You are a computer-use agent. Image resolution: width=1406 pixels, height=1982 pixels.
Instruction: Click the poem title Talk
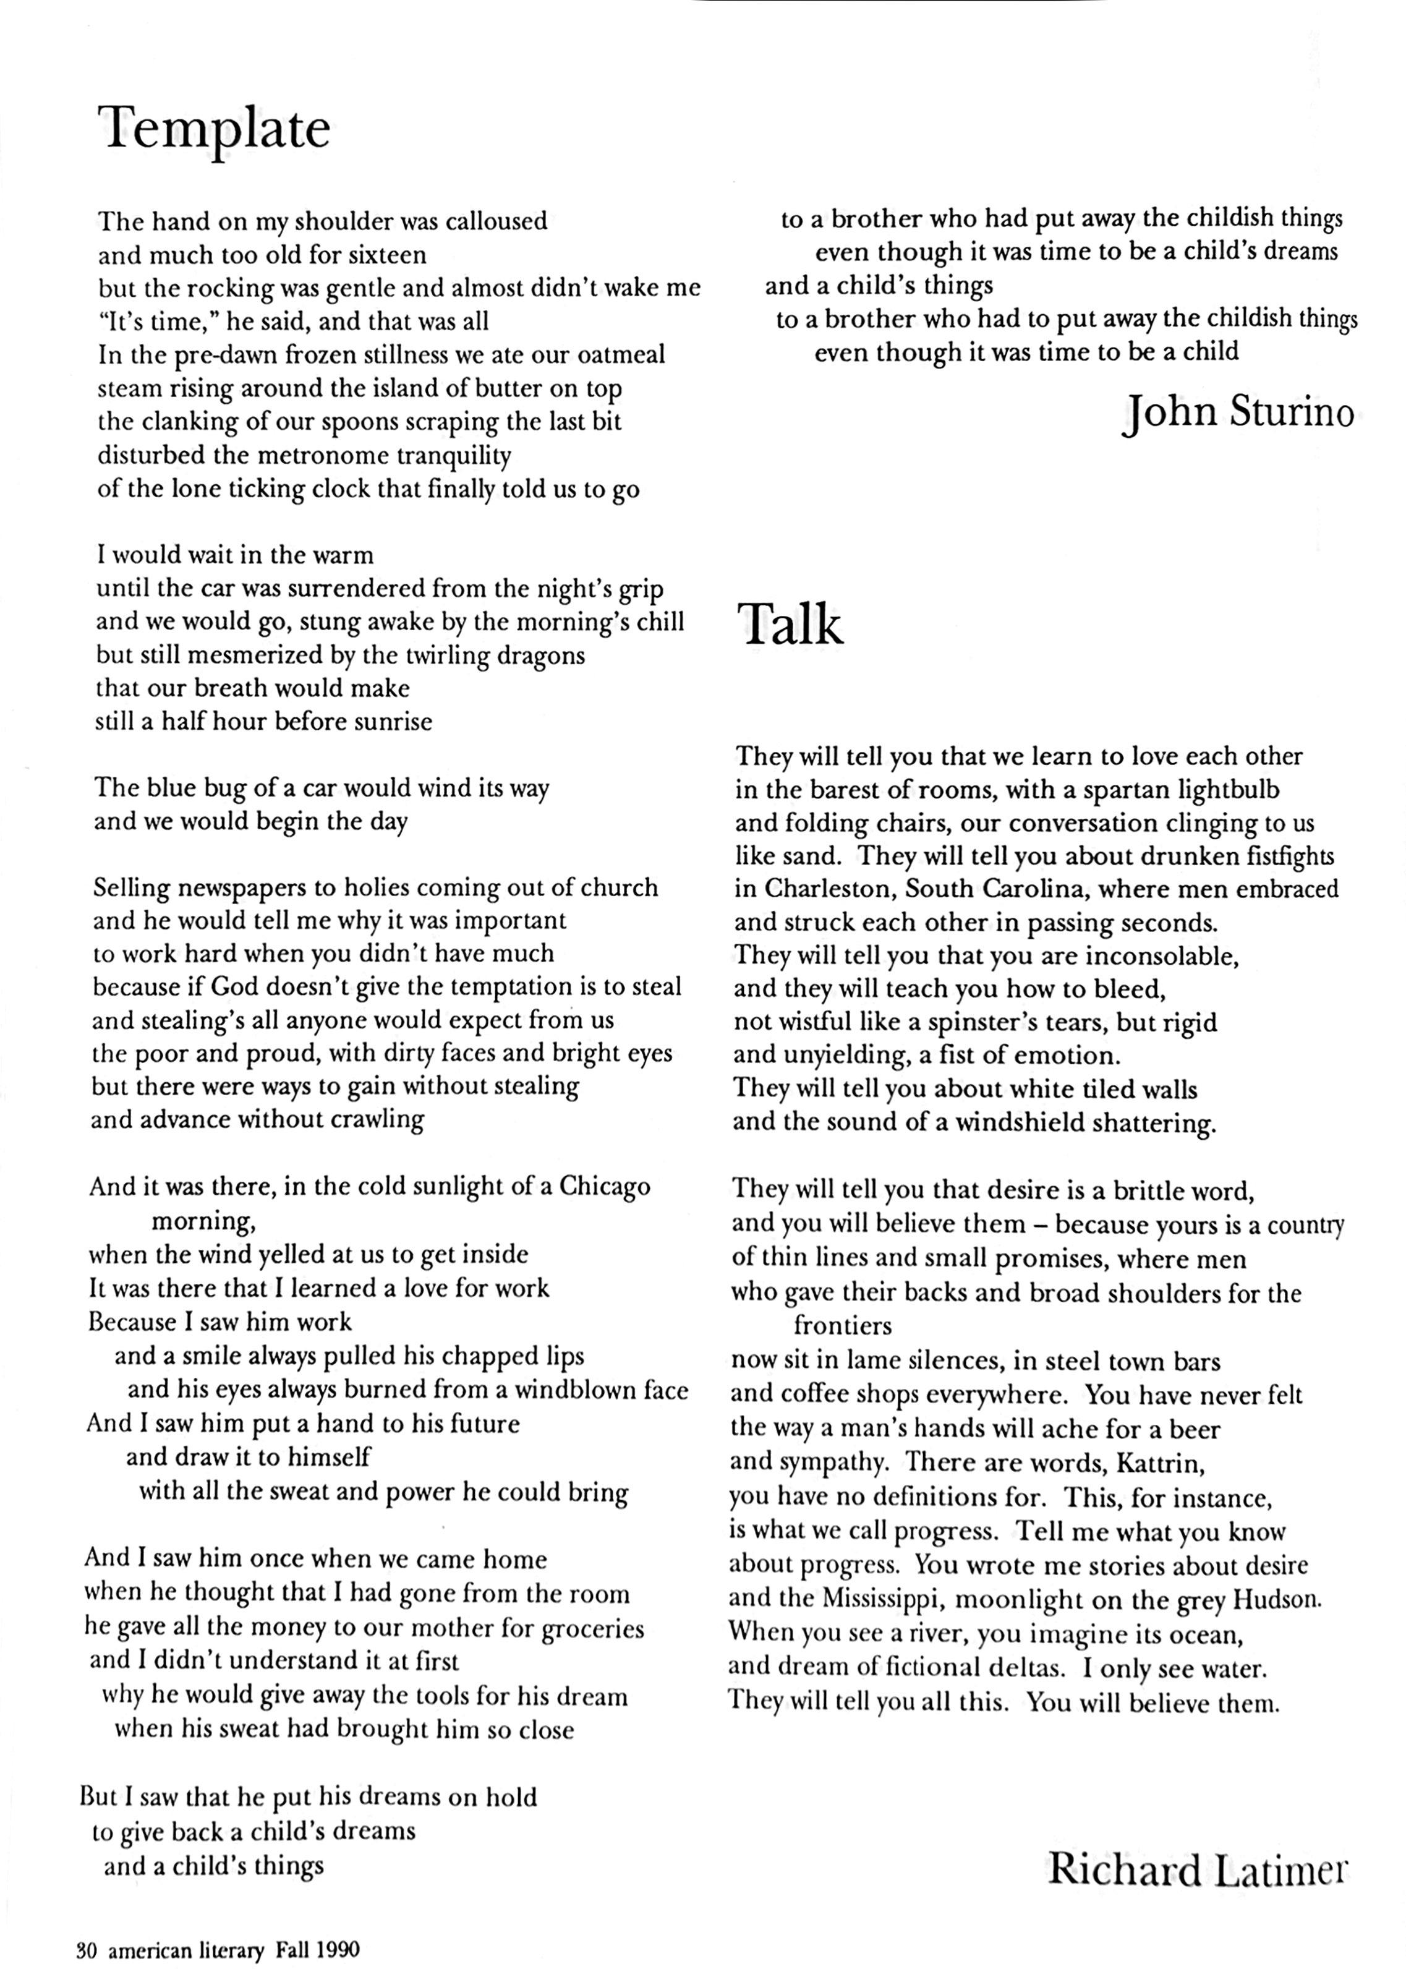coord(790,625)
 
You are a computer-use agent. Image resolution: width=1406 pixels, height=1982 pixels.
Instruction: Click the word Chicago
coord(604,1186)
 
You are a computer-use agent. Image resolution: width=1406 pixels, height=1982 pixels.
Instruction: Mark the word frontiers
coord(842,1326)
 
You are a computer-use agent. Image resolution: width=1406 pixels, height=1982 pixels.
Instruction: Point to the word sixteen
coord(388,255)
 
